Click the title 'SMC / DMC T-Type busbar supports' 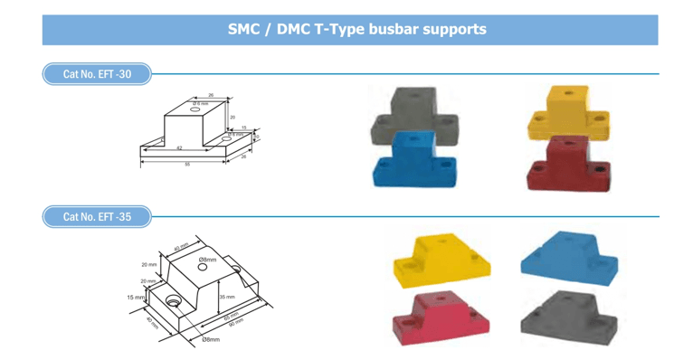(x=356, y=29)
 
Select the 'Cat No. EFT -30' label (x=97, y=74)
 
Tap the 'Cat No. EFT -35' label (x=97, y=217)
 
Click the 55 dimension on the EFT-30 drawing (x=187, y=165)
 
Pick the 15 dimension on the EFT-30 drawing (x=243, y=128)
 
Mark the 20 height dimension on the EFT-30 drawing (x=232, y=118)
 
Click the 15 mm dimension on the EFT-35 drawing (x=135, y=297)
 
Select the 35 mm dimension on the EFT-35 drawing (x=227, y=297)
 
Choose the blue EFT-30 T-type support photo (x=414, y=161)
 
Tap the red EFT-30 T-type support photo (x=569, y=164)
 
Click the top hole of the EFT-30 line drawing (x=195, y=105)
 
